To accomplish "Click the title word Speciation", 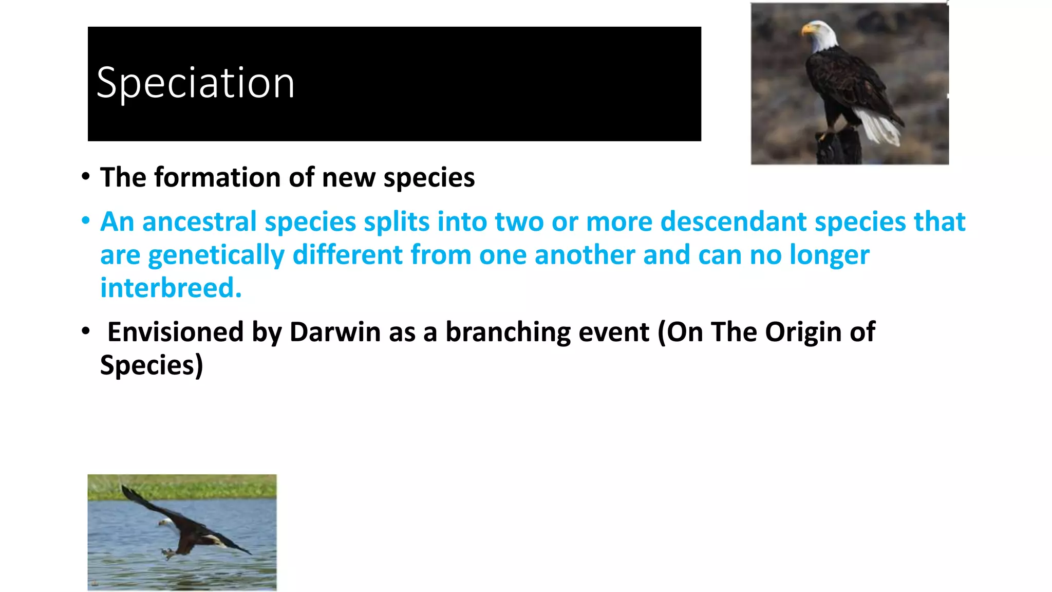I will [x=195, y=83].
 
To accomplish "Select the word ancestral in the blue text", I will [x=198, y=222].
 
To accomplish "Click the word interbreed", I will [x=171, y=288].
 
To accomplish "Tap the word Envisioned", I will [x=175, y=332].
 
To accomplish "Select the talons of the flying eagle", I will [x=167, y=553].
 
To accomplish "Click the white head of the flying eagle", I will [x=165, y=523].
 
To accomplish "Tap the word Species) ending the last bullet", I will [x=152, y=365].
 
